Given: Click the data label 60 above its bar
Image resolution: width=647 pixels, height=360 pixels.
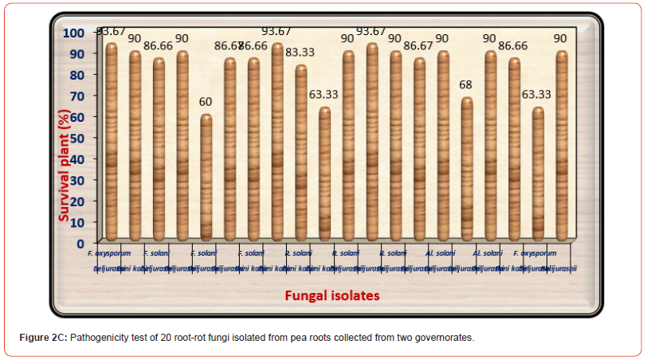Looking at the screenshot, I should click(206, 102).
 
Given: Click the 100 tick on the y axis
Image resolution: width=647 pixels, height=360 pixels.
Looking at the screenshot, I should click(74, 33).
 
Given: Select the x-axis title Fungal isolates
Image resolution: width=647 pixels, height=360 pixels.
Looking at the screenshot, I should click(332, 295).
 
